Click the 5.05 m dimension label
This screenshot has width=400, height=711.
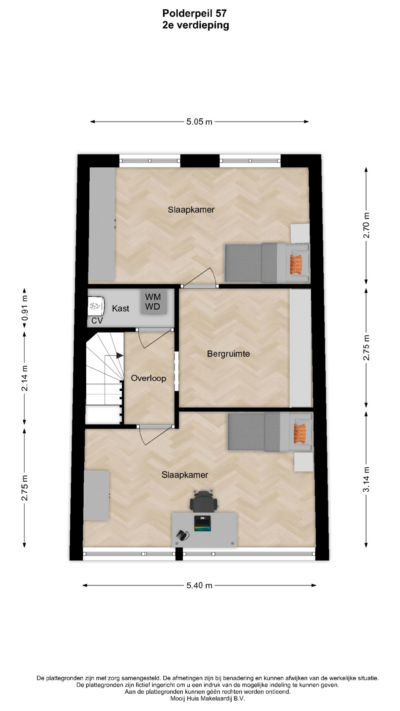point(199,122)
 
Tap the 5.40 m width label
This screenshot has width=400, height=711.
point(199,585)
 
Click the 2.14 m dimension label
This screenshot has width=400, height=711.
point(24,378)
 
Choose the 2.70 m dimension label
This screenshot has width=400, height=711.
point(366,225)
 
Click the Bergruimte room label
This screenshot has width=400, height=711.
point(229,354)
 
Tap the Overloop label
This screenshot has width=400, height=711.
point(149,378)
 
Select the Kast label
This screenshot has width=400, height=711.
point(121,308)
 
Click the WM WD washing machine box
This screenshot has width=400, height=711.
point(153,302)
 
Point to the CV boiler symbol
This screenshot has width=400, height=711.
point(95,306)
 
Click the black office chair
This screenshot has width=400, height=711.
point(204,501)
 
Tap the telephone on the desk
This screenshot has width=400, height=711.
point(182,535)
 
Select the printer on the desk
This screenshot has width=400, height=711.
point(202,524)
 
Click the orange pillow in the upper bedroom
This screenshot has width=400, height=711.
point(296,263)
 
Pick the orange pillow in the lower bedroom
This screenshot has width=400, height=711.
point(300,433)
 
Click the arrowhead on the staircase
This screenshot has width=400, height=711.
point(120,355)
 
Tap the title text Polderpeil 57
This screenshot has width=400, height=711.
point(194,13)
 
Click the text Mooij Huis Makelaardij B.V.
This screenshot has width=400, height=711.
point(207,699)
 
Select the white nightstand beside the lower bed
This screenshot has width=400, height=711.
point(304,462)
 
